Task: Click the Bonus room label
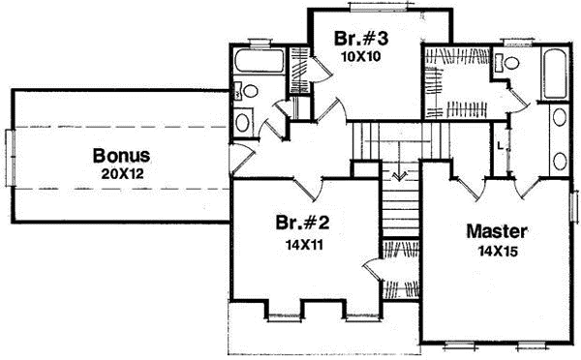(121, 155)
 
